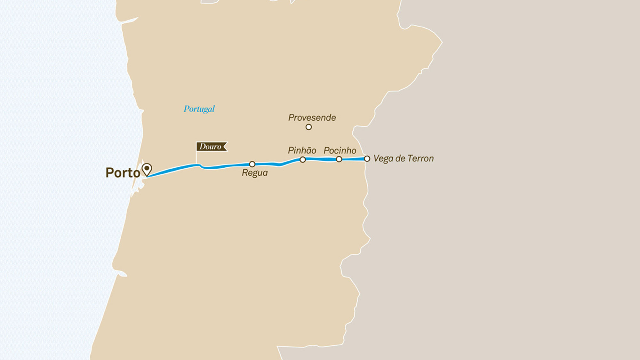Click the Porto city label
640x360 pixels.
coord(123,173)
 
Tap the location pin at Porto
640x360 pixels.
coord(147,169)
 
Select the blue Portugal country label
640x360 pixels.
coord(199,109)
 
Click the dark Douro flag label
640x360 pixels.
coord(211,147)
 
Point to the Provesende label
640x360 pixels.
coord(312,118)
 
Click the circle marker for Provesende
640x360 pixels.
coord(308,127)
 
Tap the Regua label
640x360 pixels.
coord(255,173)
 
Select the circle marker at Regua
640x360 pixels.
coord(252,164)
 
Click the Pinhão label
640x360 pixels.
coord(302,150)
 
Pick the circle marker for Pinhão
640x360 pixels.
coord(303,159)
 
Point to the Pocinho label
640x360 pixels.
coord(340,150)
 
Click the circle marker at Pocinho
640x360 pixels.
coord(339,159)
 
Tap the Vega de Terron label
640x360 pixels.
coord(404,159)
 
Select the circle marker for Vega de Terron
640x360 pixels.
coord(367,159)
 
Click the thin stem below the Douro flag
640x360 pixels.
coord(196,157)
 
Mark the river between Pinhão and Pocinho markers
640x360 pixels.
coord(321,159)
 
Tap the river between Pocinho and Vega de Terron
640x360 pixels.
coord(353,159)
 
